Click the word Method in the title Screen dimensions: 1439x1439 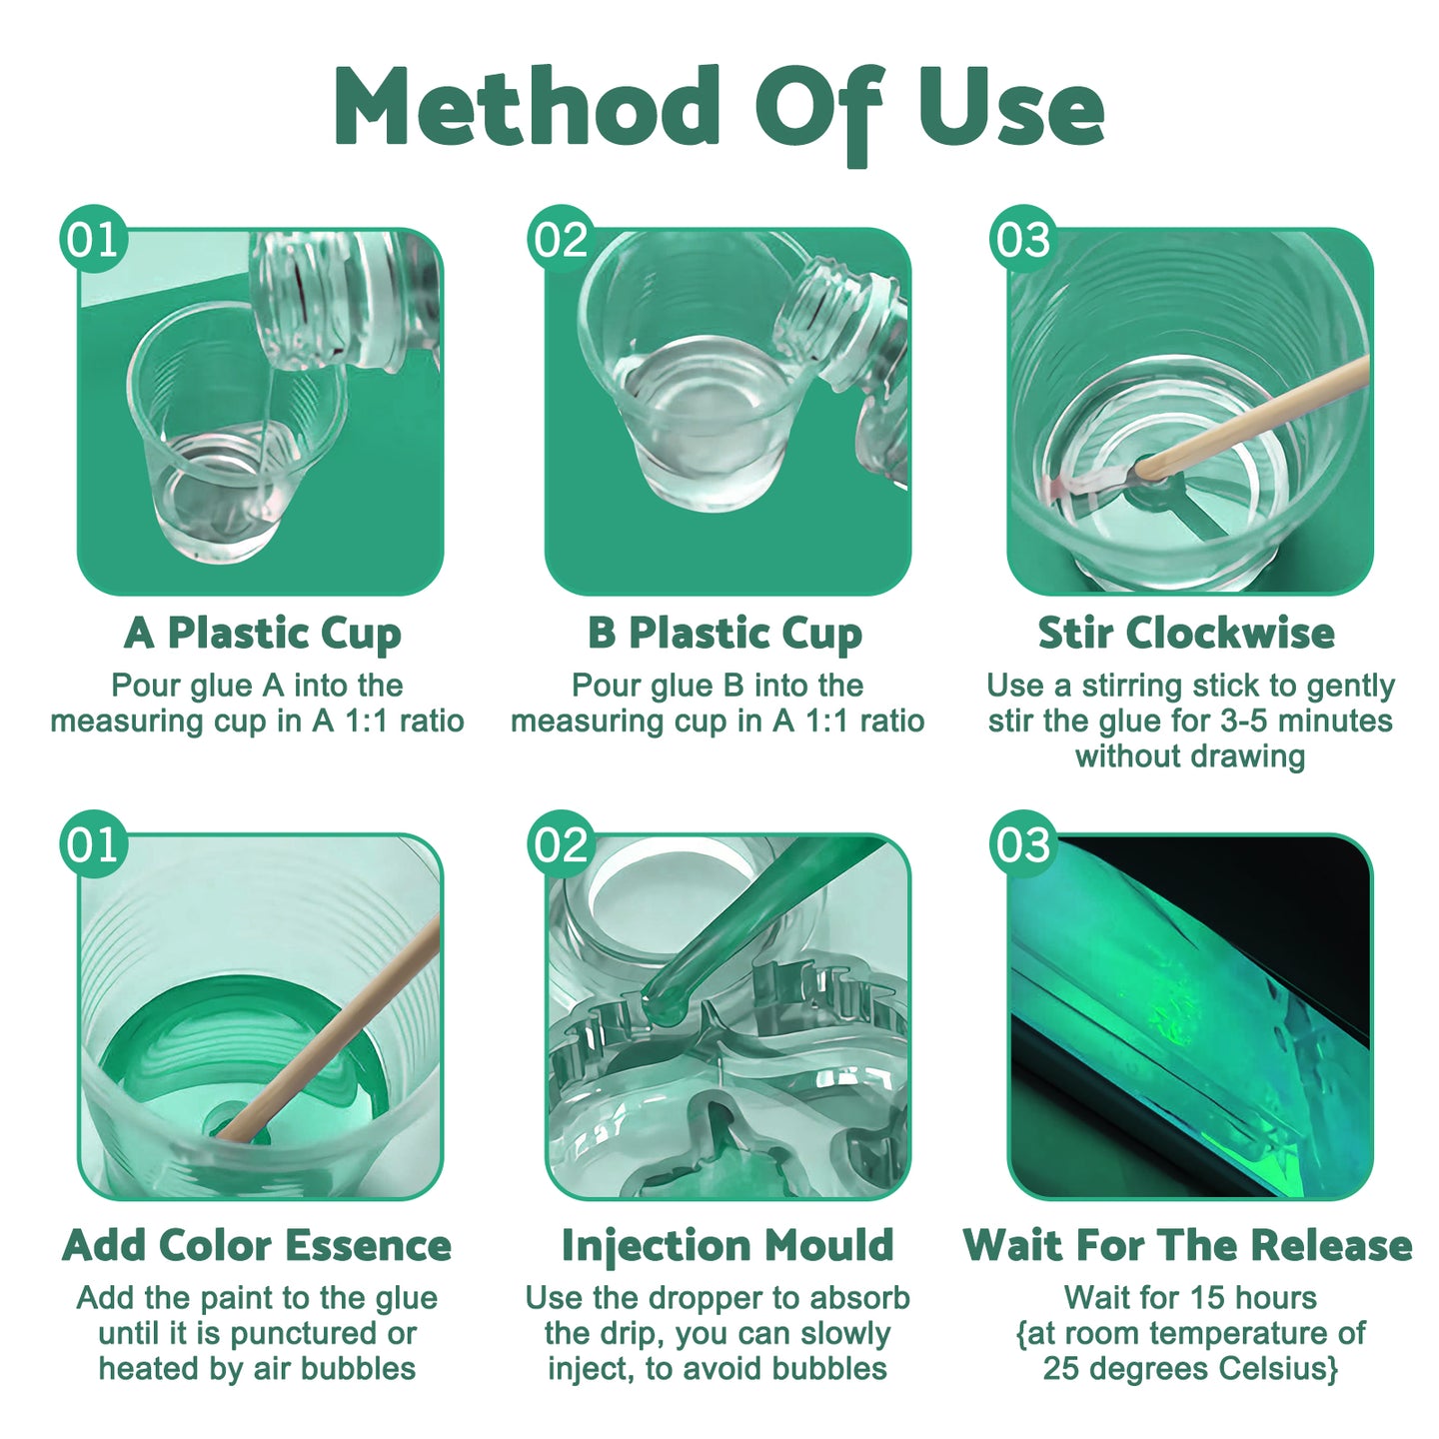[x=526, y=106]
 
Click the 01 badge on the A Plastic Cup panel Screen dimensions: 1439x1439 [x=93, y=239]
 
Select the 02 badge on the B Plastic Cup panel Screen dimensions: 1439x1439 [x=561, y=239]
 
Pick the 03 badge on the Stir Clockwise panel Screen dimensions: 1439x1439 [x=1023, y=239]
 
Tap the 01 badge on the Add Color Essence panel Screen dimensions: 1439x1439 [x=93, y=844]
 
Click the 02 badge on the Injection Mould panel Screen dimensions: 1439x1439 [x=561, y=844]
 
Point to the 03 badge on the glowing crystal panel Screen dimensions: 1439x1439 [x=1023, y=844]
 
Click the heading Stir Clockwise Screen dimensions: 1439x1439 [x=1186, y=633]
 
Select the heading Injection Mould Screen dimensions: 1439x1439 [x=727, y=1245]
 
